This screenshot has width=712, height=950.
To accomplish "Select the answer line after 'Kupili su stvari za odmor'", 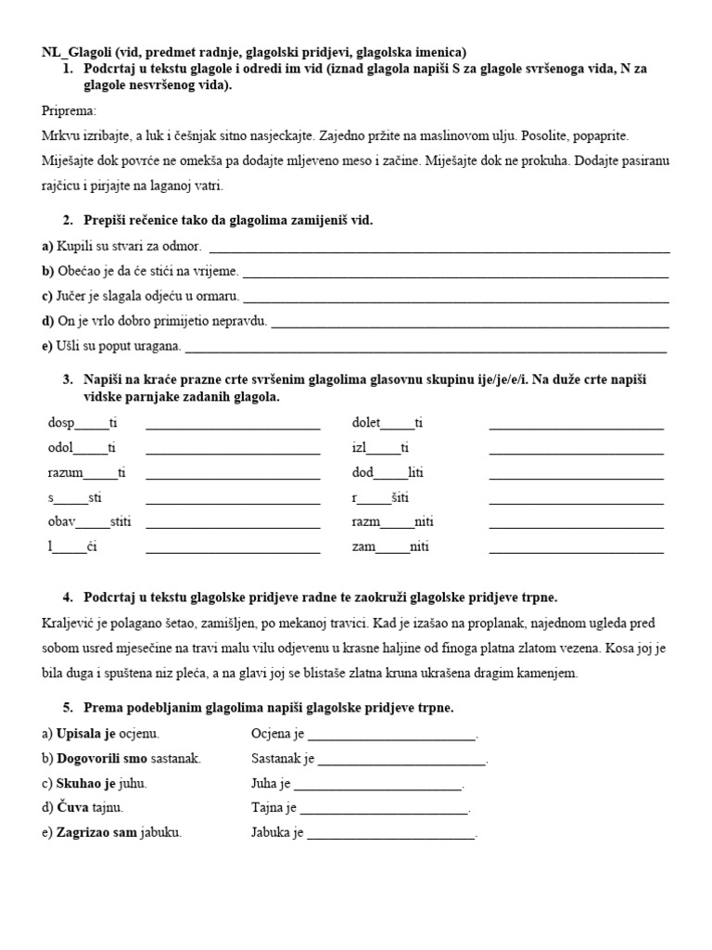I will click(440, 248).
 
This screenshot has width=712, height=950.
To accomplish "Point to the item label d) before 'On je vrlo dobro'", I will click(48, 322).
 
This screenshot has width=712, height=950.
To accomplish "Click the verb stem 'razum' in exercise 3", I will click(65, 472).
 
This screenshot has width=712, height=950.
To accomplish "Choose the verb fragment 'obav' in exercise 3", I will click(61, 522).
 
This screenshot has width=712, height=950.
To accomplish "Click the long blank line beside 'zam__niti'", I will click(576, 547).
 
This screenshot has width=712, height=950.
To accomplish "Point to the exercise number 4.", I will click(69, 597).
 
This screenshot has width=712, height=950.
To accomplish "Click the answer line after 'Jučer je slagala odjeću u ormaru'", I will click(455, 297).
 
